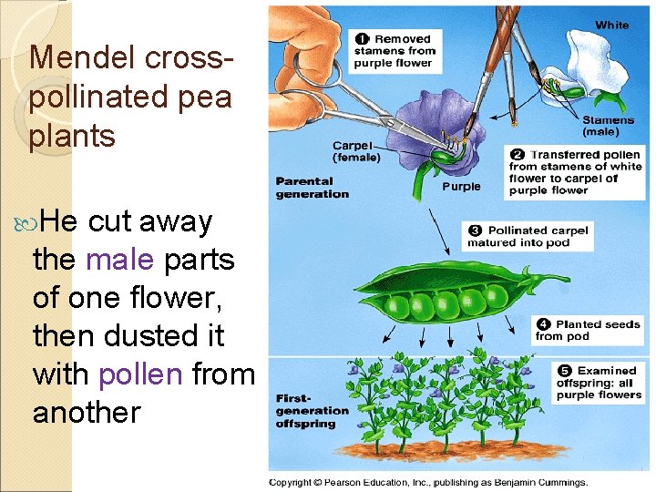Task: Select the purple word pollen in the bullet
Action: (141, 374)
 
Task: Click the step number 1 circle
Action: (362, 38)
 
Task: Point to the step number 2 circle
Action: (517, 155)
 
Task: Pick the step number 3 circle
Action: (474, 231)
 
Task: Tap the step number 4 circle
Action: (542, 324)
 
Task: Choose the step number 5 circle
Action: (563, 371)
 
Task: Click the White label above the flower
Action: (611, 25)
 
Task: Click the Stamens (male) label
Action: (608, 126)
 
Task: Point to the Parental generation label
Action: (313, 188)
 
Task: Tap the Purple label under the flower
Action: (461, 188)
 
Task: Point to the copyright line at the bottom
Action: (428, 482)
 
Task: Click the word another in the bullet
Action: (87, 413)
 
